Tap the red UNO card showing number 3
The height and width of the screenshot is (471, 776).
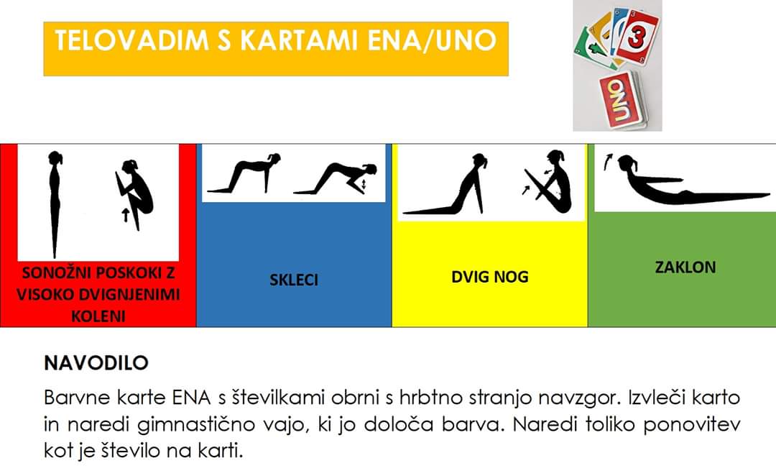click(x=638, y=36)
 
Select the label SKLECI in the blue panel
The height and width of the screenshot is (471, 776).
click(x=294, y=280)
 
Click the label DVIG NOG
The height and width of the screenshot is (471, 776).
click(x=490, y=276)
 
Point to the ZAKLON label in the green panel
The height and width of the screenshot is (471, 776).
click(x=685, y=267)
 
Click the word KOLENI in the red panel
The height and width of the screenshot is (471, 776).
click(x=98, y=316)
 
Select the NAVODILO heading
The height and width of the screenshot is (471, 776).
click(x=96, y=363)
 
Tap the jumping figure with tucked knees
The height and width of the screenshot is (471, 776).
click(x=134, y=191)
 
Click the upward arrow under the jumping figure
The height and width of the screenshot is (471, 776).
click(x=126, y=215)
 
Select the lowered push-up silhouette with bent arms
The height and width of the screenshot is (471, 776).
click(x=336, y=178)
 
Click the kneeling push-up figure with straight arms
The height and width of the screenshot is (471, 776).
click(x=244, y=173)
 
